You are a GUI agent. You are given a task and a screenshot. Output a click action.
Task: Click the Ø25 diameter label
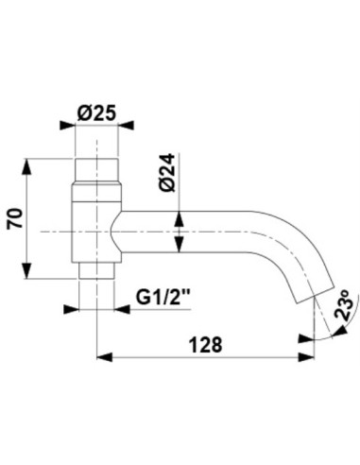coord(96,113)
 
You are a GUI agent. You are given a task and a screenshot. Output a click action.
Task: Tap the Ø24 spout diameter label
coord(167,172)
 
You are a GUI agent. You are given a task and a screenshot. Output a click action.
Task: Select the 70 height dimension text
coord(15,218)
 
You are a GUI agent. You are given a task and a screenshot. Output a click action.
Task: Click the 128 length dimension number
coord(205,345)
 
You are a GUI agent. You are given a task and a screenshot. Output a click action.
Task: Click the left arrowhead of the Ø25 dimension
coord(68,125)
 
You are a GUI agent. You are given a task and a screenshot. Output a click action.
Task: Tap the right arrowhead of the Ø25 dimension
coord(126,125)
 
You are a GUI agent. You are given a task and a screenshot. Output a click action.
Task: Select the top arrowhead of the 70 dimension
coord(26,166)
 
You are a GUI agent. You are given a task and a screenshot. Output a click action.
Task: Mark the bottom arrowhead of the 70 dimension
coord(26,271)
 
